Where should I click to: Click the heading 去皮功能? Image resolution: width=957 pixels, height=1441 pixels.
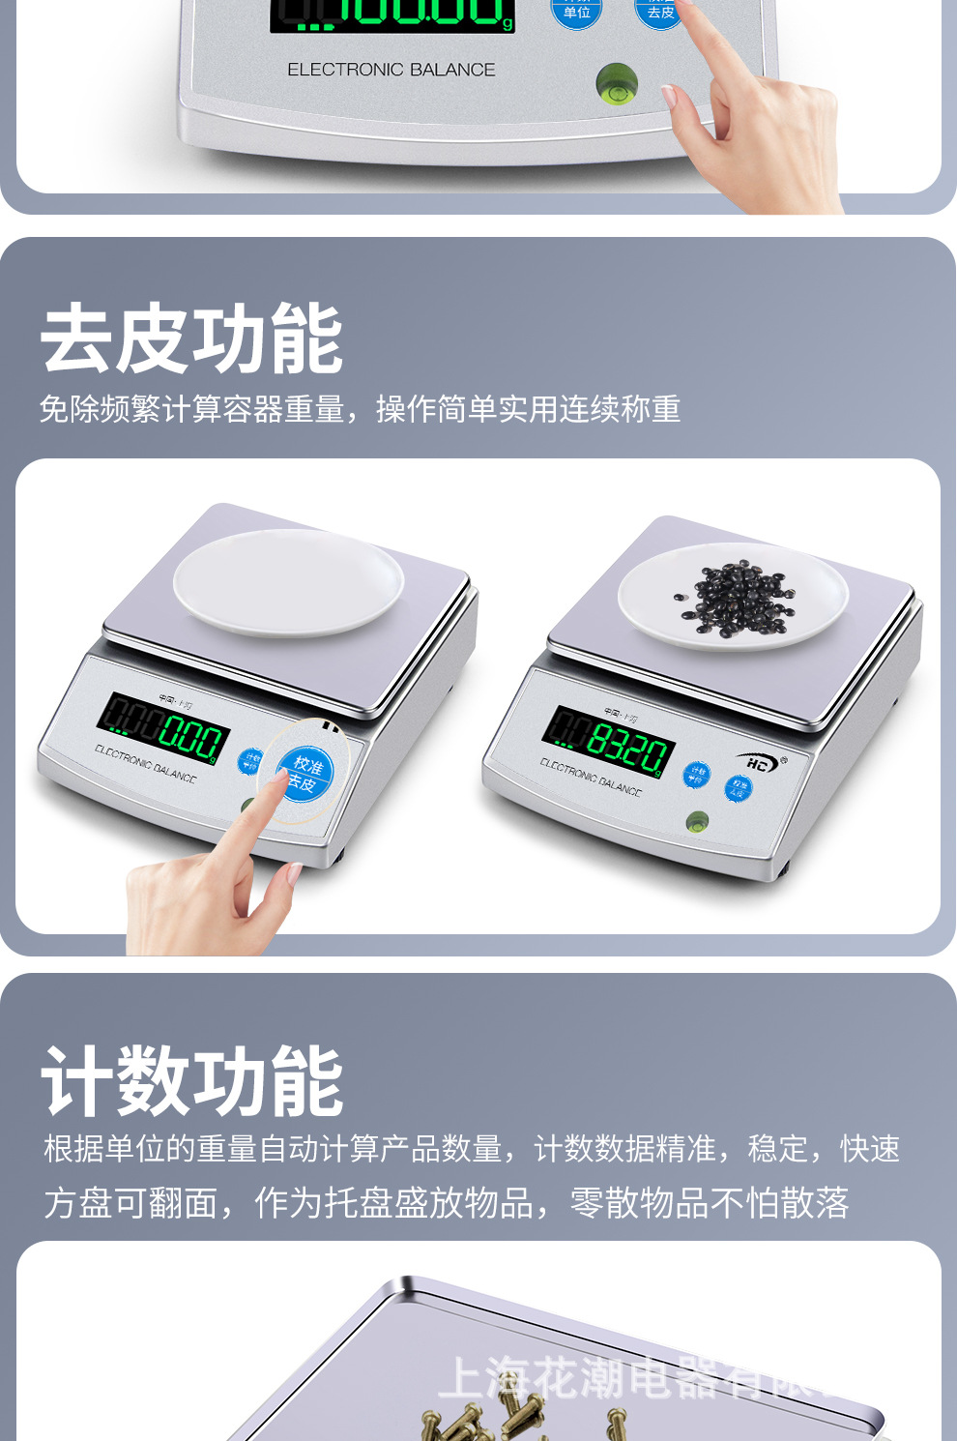(x=191, y=338)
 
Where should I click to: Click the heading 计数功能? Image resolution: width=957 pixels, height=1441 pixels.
(x=191, y=1081)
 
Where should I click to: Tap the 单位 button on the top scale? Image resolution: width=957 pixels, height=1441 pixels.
(x=576, y=12)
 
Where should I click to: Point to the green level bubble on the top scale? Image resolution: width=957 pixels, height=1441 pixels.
(x=616, y=84)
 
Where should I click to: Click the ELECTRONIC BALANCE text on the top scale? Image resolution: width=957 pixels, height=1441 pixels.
(x=391, y=70)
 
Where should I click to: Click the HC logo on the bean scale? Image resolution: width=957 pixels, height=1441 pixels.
(x=760, y=763)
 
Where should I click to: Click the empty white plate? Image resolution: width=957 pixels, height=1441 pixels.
(x=288, y=581)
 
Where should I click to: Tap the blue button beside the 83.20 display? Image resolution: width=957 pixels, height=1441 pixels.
(x=696, y=775)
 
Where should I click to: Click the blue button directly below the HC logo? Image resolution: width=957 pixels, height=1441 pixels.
(x=738, y=788)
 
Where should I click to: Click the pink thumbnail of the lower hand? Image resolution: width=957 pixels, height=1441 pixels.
(x=294, y=874)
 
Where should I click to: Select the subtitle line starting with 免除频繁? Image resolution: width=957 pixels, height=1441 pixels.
(x=360, y=409)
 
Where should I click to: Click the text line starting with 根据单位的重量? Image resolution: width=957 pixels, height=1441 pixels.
(x=472, y=1149)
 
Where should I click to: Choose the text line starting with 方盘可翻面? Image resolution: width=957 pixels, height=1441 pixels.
(x=446, y=1203)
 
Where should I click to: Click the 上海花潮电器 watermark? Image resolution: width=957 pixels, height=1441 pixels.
(x=628, y=1377)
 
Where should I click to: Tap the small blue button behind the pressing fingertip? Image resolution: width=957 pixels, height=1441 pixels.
(x=250, y=761)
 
